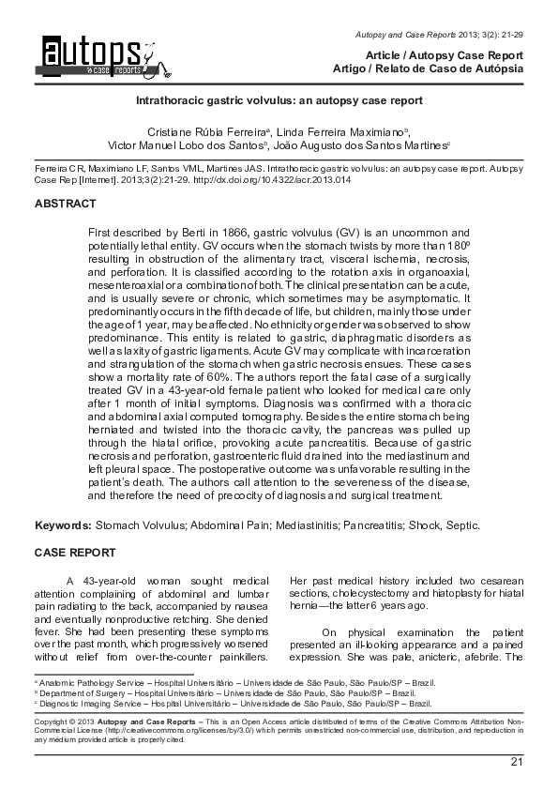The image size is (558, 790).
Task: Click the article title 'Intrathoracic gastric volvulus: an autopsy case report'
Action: coord(279,99)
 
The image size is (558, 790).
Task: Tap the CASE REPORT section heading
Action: coord(75,553)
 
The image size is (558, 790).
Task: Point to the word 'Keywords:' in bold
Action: coord(63,525)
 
